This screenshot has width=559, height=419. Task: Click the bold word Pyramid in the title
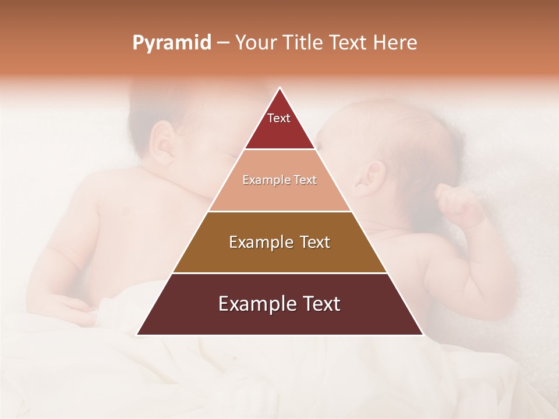[172, 43]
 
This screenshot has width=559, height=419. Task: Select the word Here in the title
[395, 42]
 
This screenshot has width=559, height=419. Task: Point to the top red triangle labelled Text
[279, 125]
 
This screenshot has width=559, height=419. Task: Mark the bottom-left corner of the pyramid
[137, 335]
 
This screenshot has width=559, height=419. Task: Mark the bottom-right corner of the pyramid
[422, 335]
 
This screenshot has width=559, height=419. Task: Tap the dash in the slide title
[223, 43]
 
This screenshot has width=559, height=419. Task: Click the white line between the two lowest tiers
[279, 273]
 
